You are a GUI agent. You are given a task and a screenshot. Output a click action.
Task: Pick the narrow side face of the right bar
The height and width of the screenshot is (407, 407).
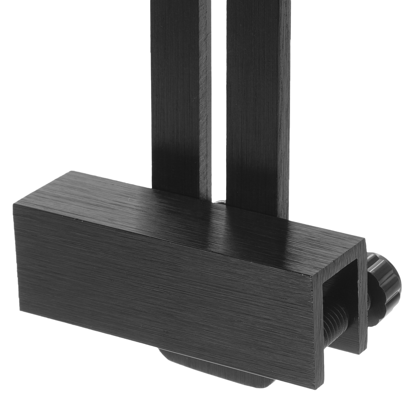tap(285, 102)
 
